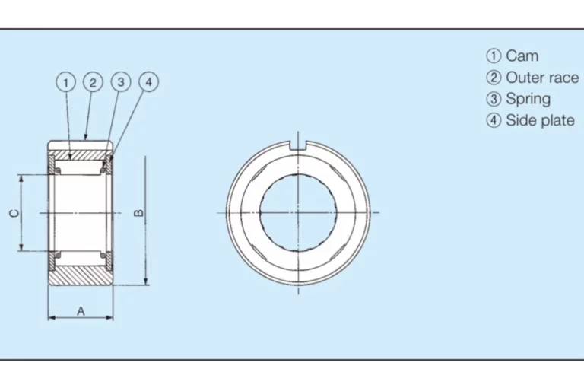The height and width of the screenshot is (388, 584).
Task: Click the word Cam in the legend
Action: click(522, 56)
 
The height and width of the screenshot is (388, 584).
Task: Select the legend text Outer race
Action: click(542, 78)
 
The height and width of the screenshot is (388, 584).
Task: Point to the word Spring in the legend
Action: click(528, 100)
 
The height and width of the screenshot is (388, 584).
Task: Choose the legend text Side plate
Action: click(540, 120)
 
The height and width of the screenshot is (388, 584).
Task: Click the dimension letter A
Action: click(81, 311)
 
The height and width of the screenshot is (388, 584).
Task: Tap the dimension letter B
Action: click(138, 213)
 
